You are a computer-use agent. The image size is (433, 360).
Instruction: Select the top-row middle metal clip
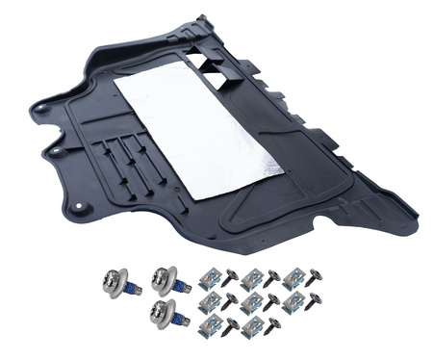(252, 278)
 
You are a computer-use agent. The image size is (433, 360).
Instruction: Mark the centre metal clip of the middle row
(252, 304)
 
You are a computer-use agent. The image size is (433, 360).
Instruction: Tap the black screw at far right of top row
(314, 277)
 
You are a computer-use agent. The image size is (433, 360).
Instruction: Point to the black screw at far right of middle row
(314, 302)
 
